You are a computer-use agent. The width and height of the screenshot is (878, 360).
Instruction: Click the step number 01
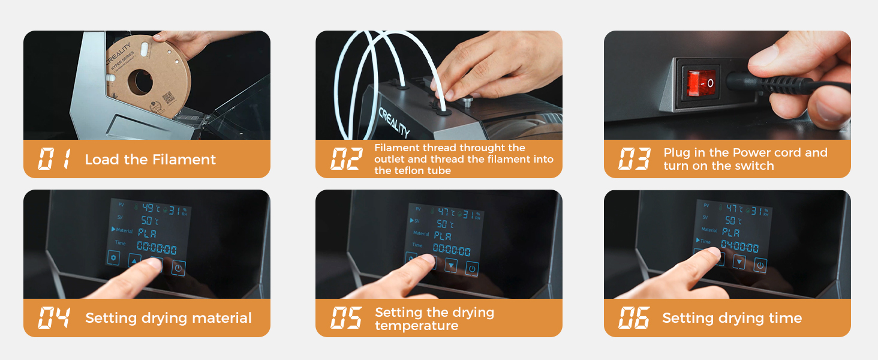tap(55, 160)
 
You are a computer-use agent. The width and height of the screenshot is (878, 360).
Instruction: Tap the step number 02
tap(347, 160)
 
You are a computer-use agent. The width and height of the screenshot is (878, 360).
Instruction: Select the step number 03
tap(635, 160)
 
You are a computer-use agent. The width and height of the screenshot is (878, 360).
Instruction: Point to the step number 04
tap(55, 318)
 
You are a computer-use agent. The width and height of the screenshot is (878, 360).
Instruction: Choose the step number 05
tap(347, 318)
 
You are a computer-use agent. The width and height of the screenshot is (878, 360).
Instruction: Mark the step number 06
tap(635, 318)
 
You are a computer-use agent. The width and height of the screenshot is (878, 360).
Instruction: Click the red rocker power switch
tap(702, 83)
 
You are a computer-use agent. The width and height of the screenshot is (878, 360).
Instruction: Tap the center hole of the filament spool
tap(140, 82)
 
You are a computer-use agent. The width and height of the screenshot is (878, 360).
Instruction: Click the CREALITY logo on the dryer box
tap(394, 122)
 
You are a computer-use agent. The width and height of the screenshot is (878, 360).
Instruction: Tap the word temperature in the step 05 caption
tap(416, 326)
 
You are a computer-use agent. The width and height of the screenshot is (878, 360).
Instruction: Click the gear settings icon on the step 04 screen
tap(114, 258)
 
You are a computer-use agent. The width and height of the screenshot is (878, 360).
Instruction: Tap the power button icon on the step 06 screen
tap(760, 265)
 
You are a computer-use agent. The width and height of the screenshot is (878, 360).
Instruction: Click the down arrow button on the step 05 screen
tap(451, 266)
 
